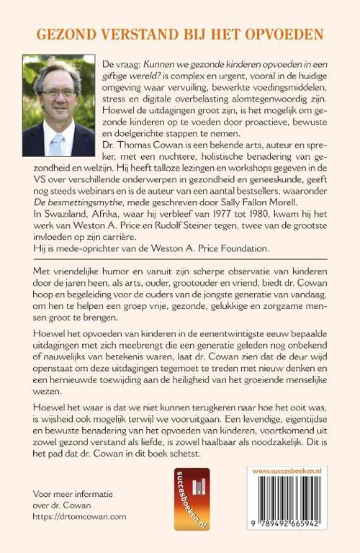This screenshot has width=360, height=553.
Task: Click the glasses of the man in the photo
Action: pos(61,93)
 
